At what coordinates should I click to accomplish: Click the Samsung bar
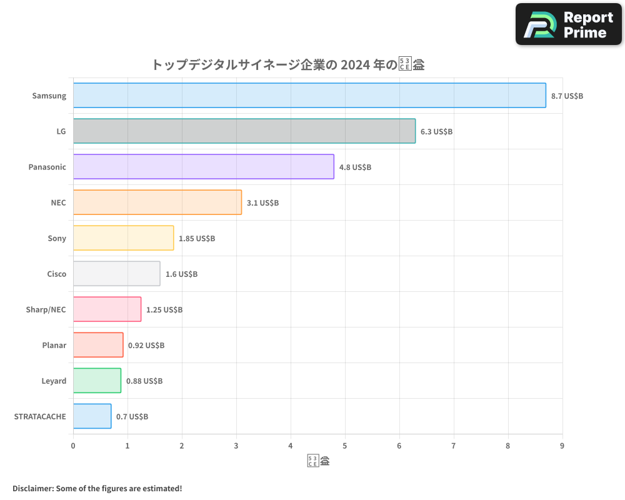pos(309,96)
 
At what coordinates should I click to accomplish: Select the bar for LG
pos(244,131)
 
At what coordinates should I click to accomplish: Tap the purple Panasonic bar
pos(204,167)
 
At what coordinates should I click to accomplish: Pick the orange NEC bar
pos(157,202)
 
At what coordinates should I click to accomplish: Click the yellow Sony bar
pos(123,238)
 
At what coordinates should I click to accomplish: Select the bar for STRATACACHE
pos(92,416)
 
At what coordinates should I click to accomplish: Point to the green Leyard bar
pos(97,381)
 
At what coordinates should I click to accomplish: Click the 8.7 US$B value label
pos(567,96)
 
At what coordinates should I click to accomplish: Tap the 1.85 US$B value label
pos(197,239)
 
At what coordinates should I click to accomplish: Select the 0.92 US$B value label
pos(146,346)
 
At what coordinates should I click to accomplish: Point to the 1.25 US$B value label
pos(164,310)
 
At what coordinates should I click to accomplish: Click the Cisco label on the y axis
pos(56,274)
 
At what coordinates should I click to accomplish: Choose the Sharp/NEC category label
pos(46,310)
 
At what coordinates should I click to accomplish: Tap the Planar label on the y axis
pos(54,346)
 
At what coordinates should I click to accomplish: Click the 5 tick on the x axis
pos(345,446)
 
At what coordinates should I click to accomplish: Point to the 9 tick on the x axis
pos(562,446)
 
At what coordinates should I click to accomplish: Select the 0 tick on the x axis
pos(73,446)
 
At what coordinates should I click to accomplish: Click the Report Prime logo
pos(568,24)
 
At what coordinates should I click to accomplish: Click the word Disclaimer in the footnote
pos(32,488)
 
